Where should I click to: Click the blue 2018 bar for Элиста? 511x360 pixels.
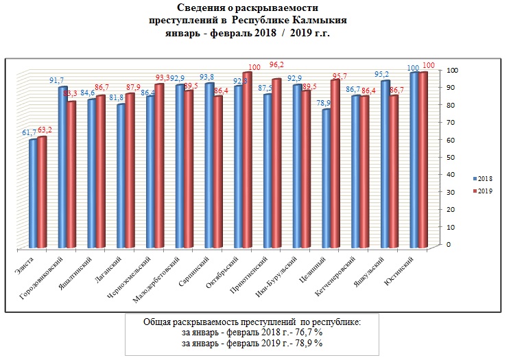click(x=33, y=193)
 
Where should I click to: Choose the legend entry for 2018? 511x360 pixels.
click(x=483, y=177)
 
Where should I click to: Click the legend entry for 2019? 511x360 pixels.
click(x=483, y=191)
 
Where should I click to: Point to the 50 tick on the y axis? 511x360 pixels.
click(x=449, y=157)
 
